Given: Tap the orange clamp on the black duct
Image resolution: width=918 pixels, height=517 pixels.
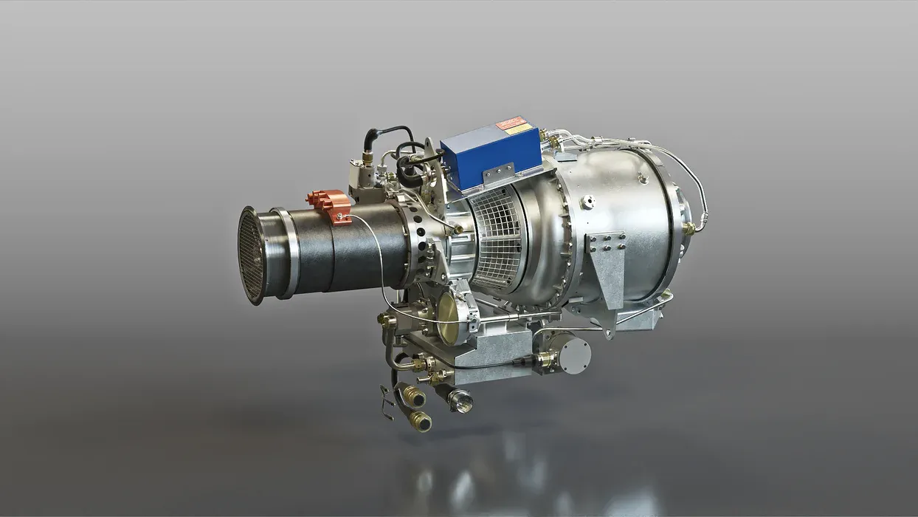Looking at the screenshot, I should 329,205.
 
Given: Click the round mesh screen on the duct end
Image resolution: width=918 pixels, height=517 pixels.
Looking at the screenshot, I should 252,256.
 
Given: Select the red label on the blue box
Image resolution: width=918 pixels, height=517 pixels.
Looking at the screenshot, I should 511,123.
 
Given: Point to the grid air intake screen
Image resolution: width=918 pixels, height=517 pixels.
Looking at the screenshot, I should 497,236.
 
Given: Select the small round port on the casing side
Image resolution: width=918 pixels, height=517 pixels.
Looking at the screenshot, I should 587,201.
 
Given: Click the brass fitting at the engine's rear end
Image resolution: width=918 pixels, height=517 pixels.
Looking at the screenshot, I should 689,228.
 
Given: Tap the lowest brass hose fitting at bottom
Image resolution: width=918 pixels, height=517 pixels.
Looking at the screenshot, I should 420,421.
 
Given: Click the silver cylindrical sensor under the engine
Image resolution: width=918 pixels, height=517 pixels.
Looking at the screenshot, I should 571,355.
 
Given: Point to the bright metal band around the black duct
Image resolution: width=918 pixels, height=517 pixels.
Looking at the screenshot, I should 286,251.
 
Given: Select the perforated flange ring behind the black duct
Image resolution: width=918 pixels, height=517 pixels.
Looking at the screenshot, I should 421,244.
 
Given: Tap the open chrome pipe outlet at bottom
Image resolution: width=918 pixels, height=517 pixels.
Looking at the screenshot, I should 461,402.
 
